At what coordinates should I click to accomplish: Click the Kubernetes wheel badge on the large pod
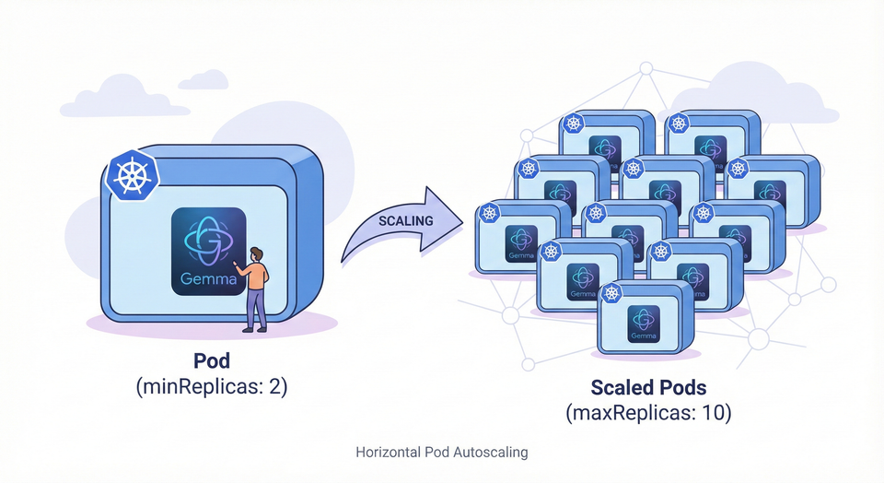point(132,173)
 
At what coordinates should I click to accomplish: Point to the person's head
point(257,253)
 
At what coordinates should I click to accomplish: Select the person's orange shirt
point(257,276)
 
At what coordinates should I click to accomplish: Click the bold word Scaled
point(622,388)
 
